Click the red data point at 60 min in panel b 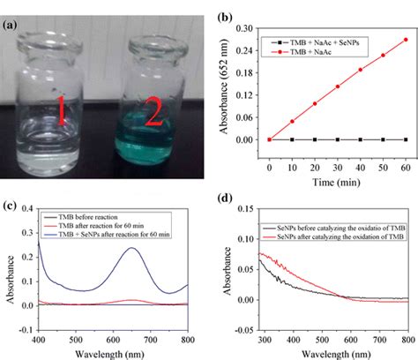(406, 39)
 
